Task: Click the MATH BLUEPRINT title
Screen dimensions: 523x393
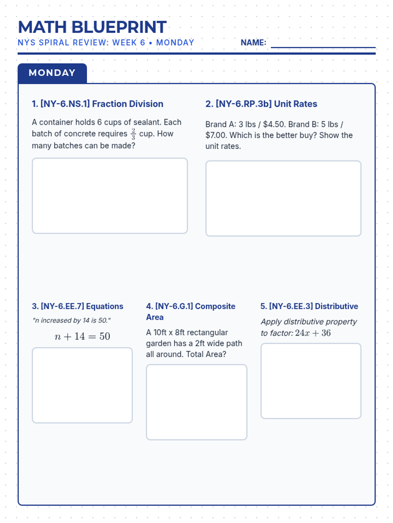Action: point(92,27)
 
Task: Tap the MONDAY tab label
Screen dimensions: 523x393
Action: point(52,73)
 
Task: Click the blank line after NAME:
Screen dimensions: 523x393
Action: point(323,44)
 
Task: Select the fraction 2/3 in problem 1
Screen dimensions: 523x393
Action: point(133,134)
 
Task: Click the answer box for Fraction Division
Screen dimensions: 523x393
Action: point(110,195)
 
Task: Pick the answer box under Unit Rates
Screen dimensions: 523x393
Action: point(283,198)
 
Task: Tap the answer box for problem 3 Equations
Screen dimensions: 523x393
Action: point(82,385)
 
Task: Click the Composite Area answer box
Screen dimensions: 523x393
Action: point(196,402)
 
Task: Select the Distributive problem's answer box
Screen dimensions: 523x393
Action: point(311,381)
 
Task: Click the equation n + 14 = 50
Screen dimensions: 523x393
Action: point(82,336)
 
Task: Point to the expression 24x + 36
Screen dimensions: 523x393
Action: point(313,333)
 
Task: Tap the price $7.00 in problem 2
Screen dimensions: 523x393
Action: point(216,135)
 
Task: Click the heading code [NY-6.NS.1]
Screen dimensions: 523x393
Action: point(65,104)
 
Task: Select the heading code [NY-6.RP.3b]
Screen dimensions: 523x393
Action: point(244,104)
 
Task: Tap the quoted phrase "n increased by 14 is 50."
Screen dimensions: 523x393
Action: point(71,321)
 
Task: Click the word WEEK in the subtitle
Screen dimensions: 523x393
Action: point(124,43)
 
